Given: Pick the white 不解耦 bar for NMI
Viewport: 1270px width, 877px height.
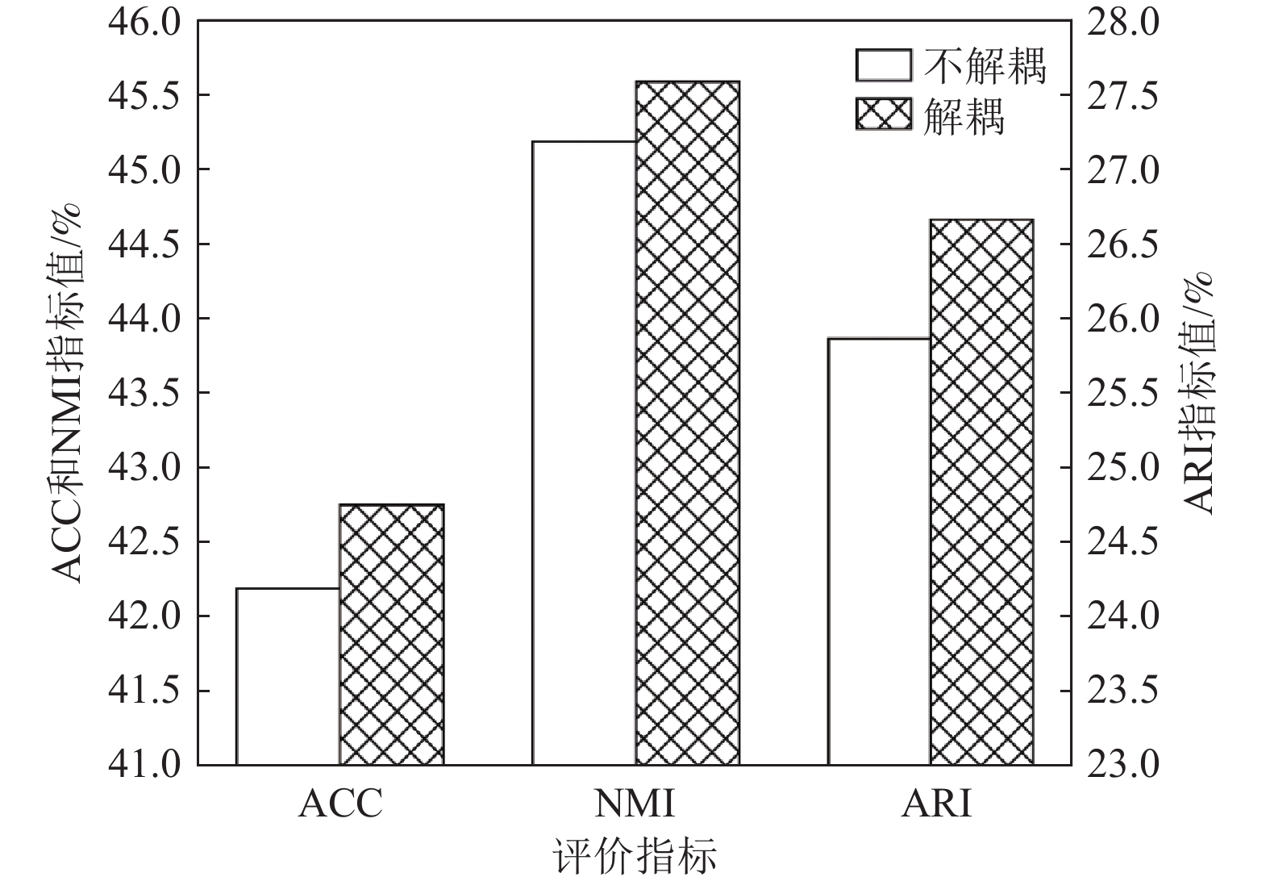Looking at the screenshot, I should (584, 453).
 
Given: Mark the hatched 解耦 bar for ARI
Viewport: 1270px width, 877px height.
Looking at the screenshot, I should (981, 491).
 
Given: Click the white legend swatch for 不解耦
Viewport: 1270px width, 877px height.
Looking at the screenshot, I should (884, 65).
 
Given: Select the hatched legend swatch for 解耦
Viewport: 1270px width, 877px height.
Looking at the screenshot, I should (884, 114).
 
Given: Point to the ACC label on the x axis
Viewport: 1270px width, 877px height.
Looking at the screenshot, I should (339, 804).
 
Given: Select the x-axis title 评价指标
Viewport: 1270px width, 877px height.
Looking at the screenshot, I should (635, 854).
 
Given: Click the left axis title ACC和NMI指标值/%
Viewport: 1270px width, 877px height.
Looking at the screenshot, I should (68, 393).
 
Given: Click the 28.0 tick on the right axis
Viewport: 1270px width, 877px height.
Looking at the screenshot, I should (1122, 22).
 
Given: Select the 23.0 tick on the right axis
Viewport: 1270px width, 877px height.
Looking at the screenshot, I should (1122, 764).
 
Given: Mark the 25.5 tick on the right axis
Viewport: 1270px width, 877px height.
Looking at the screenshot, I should (1122, 393).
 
